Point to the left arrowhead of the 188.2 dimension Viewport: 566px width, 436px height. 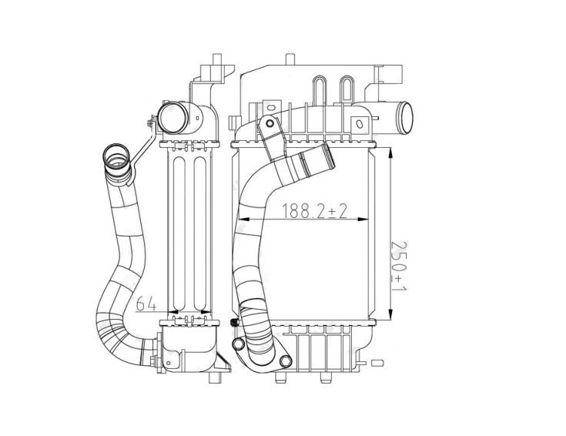[239, 220]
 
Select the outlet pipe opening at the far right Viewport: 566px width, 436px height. [404, 116]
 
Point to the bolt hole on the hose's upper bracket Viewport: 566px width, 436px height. [268, 123]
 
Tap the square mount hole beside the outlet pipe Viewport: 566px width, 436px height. [359, 122]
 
